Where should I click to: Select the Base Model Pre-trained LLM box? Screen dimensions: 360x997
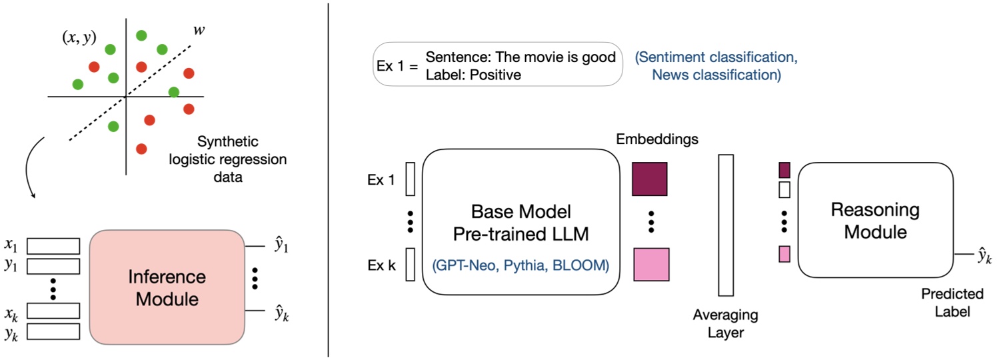[x=520, y=223]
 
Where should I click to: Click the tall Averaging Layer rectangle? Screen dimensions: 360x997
[x=725, y=225]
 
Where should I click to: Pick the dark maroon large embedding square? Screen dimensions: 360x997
[x=650, y=179]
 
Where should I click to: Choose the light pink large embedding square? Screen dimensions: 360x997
[x=650, y=263]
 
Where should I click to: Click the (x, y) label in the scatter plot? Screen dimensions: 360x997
[x=79, y=38]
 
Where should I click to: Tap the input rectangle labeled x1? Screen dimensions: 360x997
[x=53, y=246]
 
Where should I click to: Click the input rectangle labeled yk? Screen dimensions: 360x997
[x=53, y=331]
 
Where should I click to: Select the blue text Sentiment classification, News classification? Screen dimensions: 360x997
[x=716, y=67]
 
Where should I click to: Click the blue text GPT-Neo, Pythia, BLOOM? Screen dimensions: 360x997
[x=520, y=266]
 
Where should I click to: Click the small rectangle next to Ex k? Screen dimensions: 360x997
[x=410, y=264]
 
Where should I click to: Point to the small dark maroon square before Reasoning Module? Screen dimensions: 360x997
[x=784, y=169]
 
